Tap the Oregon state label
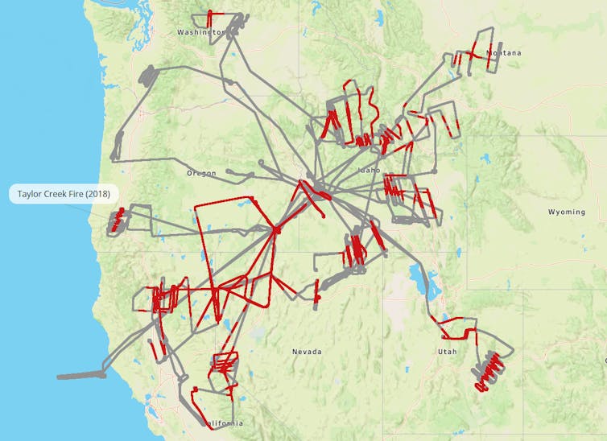[x=201, y=173]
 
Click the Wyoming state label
[x=567, y=212]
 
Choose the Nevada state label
[x=307, y=352]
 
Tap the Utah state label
[x=447, y=352]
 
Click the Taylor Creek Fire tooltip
[x=64, y=195]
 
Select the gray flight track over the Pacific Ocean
[x=81, y=375]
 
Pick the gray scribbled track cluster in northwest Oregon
[x=150, y=76]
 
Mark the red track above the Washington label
[x=210, y=18]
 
